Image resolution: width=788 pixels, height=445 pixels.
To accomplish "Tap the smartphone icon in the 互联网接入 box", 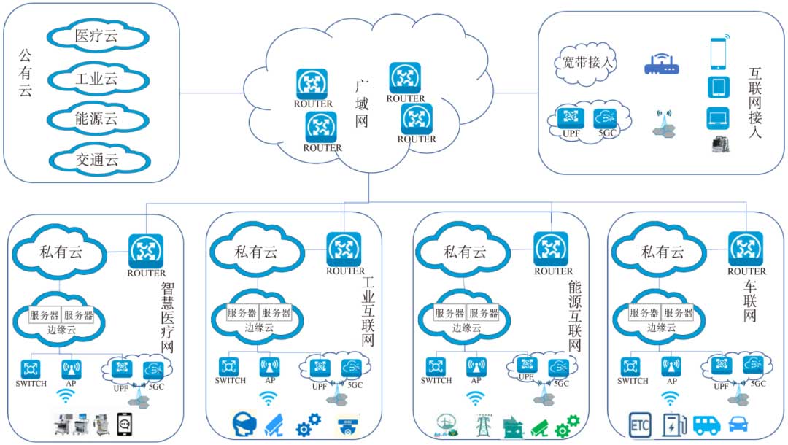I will coord(719,53).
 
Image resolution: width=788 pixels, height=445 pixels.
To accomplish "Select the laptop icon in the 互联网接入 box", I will coord(718,117).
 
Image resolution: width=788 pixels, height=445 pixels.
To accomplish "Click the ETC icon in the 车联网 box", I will coord(641,424).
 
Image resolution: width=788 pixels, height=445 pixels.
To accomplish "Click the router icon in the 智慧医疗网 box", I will coord(146,251).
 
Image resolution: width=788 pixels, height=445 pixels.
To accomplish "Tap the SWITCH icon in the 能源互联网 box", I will coord(436,366).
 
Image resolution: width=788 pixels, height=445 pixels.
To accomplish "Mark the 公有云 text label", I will coord(25,73).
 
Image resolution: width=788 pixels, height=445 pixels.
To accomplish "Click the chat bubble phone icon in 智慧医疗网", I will coord(128,425).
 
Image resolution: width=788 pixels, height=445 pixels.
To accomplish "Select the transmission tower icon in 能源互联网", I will coord(482,425).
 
